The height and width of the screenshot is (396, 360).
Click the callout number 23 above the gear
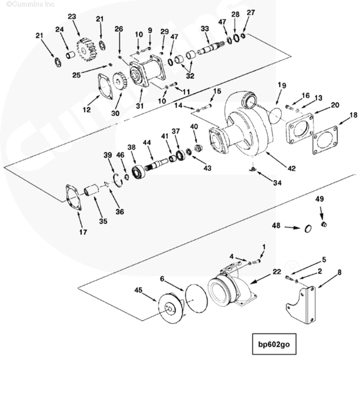72,17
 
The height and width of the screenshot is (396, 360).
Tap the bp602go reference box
274,344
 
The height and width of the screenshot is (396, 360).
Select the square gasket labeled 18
325,140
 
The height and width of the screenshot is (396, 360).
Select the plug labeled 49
324,224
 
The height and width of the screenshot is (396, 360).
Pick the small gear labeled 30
118,81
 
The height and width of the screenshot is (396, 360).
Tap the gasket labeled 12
105,85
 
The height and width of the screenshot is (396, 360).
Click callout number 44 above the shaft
147,142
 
